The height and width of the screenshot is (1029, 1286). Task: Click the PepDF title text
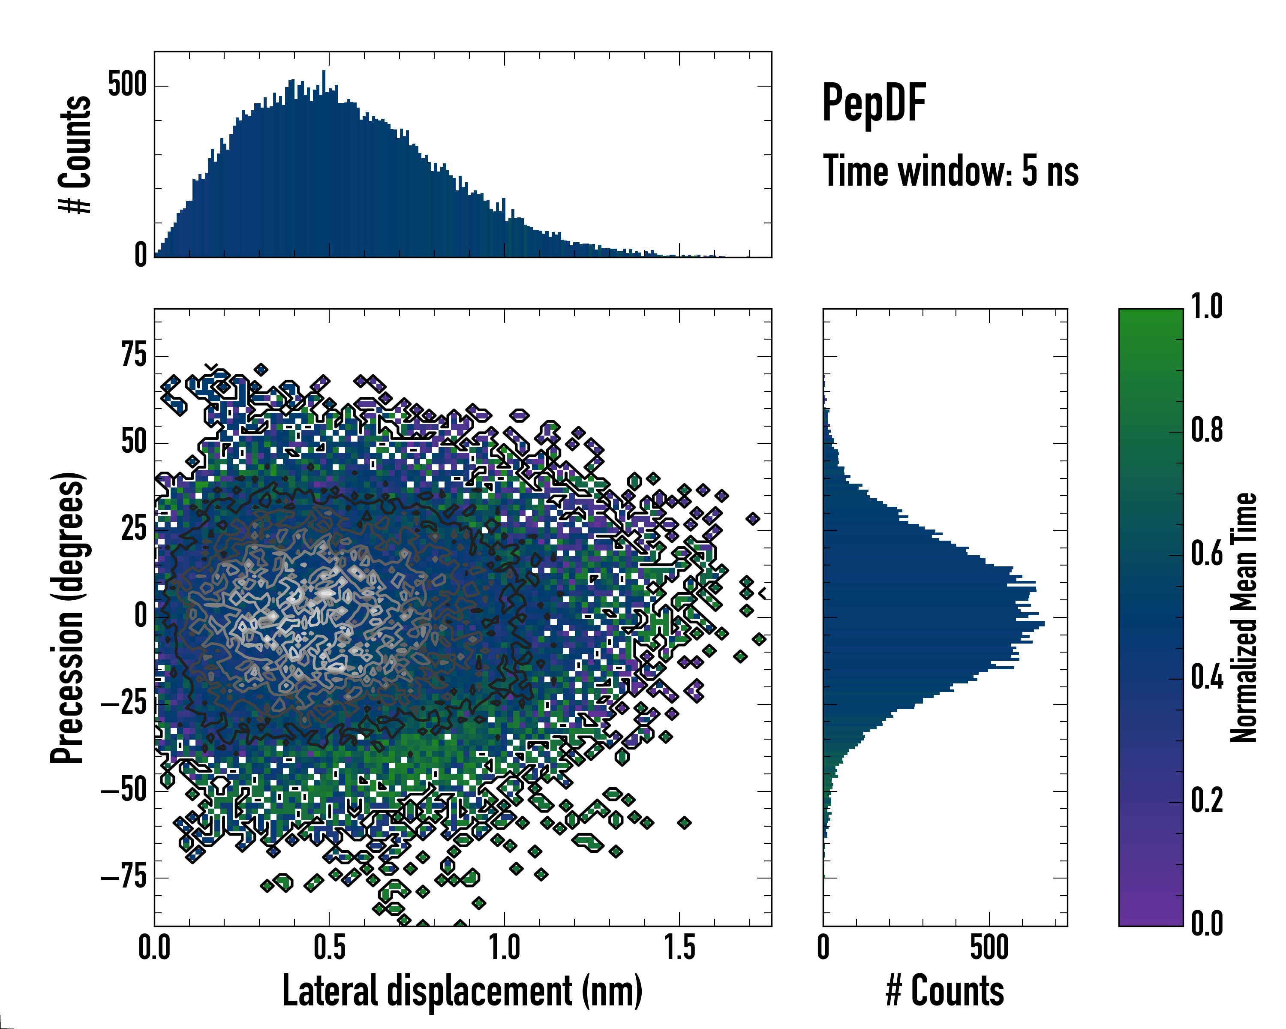[874, 104]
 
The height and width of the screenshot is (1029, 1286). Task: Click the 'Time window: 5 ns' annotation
[951, 171]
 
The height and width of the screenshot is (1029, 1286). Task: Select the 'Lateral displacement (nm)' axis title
[462, 991]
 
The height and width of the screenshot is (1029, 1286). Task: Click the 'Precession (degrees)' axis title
[67, 617]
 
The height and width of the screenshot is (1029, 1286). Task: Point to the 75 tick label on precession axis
[134, 356]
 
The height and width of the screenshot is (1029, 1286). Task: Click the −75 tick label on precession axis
[124, 878]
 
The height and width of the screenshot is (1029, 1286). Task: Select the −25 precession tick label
[124, 704]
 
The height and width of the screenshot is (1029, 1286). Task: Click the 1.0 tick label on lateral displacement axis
[505, 947]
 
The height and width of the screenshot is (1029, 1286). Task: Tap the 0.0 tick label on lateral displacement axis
[154, 947]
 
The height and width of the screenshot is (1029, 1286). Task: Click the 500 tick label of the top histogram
[127, 85]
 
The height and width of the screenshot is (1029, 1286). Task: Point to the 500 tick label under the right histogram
[989, 947]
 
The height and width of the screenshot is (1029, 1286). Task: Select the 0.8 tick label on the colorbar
[1207, 431]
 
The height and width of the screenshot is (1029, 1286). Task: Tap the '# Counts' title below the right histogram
[945, 991]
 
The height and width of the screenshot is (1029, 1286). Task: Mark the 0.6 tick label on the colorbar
[1207, 554]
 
